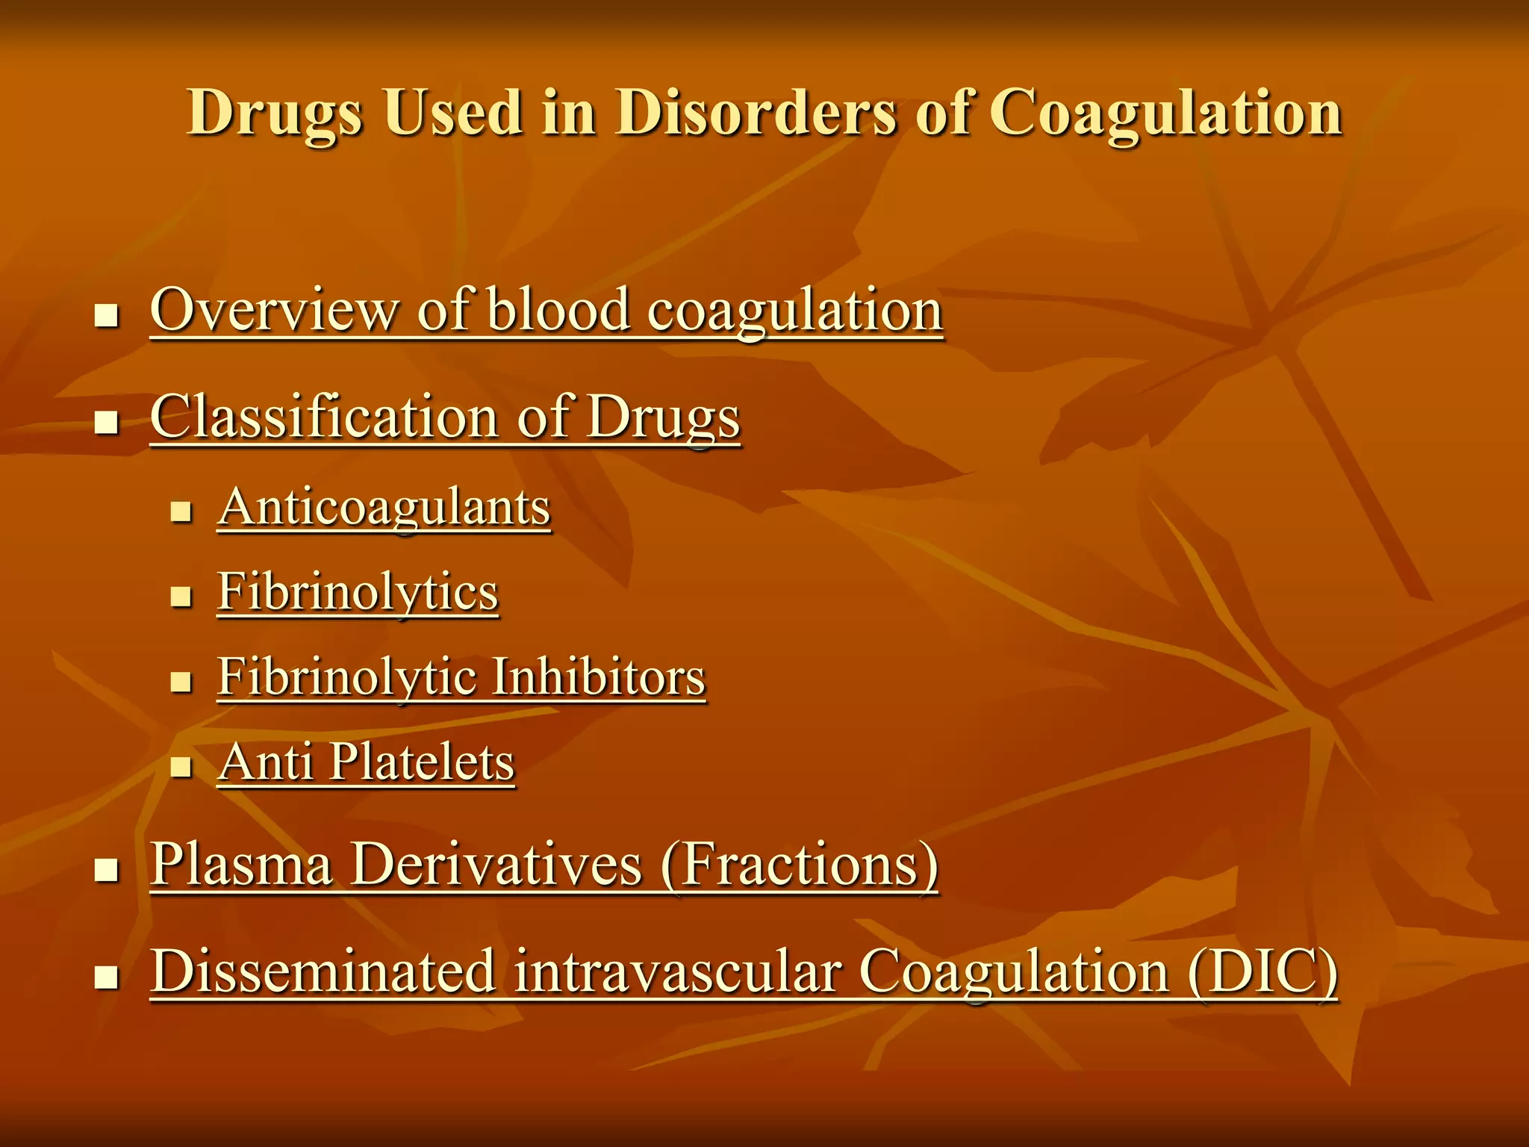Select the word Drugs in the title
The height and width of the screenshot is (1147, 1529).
pyautogui.click(x=275, y=114)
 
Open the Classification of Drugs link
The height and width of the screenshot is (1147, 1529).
pyautogui.click(x=445, y=417)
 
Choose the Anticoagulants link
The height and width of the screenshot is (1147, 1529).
pyautogui.click(x=384, y=508)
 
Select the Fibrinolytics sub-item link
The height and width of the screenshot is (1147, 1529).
pyautogui.click(x=358, y=592)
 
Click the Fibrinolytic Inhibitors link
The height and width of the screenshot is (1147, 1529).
pyautogui.click(x=461, y=677)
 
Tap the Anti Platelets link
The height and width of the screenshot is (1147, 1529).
pyautogui.click(x=366, y=762)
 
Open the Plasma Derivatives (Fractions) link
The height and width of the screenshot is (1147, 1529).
pyautogui.click(x=544, y=865)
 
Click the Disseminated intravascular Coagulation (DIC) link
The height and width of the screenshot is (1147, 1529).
pyautogui.click(x=744, y=972)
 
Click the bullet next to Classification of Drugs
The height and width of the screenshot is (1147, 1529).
pyautogui.click(x=108, y=423)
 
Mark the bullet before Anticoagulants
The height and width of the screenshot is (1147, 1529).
pyautogui.click(x=181, y=512)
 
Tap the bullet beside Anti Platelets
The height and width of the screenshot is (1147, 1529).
pyautogui.click(x=181, y=767)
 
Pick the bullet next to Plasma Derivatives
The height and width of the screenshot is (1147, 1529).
pyautogui.click(x=108, y=870)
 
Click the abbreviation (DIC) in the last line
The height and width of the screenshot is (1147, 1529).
pyautogui.click(x=1262, y=972)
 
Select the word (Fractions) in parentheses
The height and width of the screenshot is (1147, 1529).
pyautogui.click(x=799, y=865)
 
